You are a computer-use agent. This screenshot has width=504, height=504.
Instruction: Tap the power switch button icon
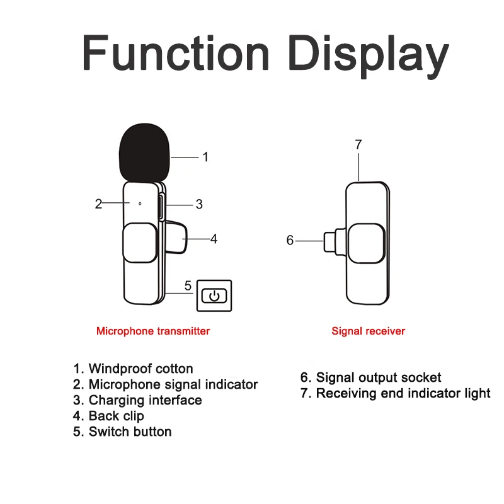215,295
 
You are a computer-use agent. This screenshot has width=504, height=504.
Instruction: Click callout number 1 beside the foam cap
205,157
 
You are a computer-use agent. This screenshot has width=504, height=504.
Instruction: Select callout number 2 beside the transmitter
98,203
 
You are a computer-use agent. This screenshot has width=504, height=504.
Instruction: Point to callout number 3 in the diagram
199,204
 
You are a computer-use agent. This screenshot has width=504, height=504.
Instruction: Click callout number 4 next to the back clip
214,239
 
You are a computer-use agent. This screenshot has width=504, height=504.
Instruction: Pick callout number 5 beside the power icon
188,285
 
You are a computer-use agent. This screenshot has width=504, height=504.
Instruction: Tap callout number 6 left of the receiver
290,240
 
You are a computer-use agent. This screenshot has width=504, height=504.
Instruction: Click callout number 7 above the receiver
358,144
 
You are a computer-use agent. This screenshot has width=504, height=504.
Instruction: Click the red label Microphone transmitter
153,331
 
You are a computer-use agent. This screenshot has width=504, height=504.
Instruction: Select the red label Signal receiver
369,331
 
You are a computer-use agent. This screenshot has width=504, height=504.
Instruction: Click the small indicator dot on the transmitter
140,203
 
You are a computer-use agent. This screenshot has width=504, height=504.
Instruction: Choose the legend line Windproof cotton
134,369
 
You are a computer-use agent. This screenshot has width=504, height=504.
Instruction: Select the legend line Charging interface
138,400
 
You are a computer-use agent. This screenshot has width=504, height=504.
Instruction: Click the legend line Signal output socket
370,377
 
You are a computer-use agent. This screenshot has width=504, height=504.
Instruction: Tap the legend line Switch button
123,432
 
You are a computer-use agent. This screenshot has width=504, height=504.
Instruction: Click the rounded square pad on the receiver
367,243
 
